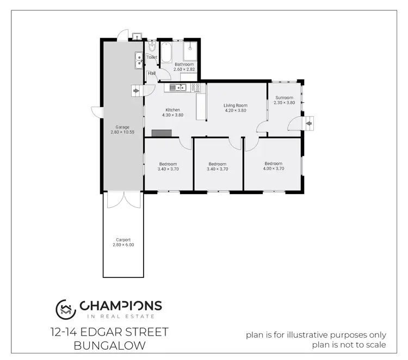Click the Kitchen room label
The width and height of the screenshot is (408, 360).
[x=171, y=110]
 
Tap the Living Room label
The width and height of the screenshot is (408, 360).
[x=236, y=105]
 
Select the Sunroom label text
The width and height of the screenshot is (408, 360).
[x=284, y=98]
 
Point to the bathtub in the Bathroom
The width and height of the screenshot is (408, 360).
[x=167, y=53]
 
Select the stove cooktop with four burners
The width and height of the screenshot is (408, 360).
[x=195, y=87]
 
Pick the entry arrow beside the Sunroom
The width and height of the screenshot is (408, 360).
[x=309, y=123]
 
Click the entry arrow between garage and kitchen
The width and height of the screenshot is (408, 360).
[x=135, y=90]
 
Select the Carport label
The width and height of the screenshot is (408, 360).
[x=123, y=239]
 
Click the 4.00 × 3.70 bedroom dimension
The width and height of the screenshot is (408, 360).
[x=273, y=169]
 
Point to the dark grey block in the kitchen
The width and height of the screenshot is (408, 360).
[x=162, y=133]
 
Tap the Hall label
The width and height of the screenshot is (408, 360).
[x=151, y=73]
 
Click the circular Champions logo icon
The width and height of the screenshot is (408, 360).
[x=65, y=309]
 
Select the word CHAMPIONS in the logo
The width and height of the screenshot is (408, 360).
[x=121, y=306]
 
